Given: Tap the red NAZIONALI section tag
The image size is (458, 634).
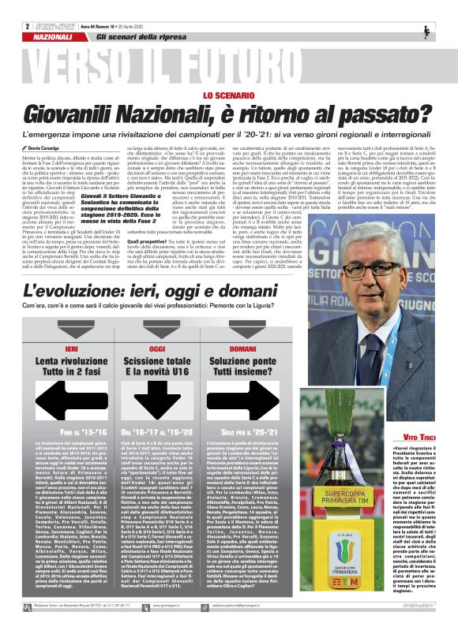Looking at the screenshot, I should pyautogui.click(x=54, y=37).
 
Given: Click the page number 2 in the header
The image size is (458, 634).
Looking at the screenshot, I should pyautogui.click(x=27, y=26).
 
